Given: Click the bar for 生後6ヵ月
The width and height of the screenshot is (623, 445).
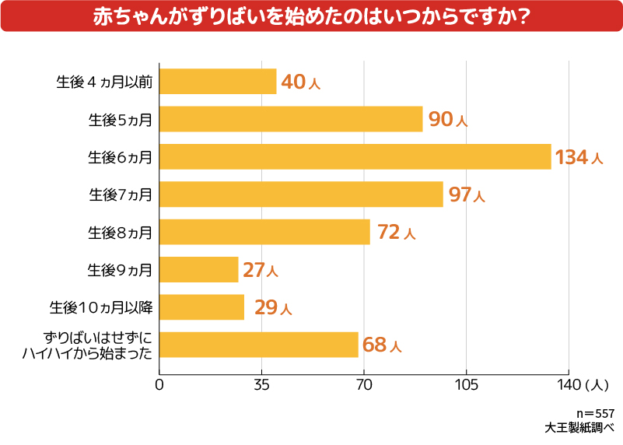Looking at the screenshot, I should (355, 156).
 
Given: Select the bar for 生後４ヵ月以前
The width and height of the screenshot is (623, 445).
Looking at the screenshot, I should (218, 82).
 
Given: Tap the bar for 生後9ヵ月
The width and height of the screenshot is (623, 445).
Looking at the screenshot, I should (198, 269).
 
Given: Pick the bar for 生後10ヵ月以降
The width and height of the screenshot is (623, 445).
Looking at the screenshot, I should (201, 307).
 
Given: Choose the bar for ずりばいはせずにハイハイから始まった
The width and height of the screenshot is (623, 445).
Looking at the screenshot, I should (258, 345).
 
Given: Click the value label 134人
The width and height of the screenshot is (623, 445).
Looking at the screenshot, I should (579, 157).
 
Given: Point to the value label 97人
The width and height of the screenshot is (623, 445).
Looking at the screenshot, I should (467, 194).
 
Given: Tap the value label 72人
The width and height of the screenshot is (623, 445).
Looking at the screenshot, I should (396, 232).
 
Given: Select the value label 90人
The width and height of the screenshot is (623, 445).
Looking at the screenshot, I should (448, 120).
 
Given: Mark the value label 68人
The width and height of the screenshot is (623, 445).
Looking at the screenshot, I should (382, 345).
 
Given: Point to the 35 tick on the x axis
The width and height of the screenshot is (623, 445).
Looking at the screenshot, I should (261, 384).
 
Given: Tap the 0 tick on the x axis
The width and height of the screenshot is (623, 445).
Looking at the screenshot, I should (159, 384).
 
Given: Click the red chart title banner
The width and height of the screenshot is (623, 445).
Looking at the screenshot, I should (311, 16).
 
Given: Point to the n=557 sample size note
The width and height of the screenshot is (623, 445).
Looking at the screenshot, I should (595, 413).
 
